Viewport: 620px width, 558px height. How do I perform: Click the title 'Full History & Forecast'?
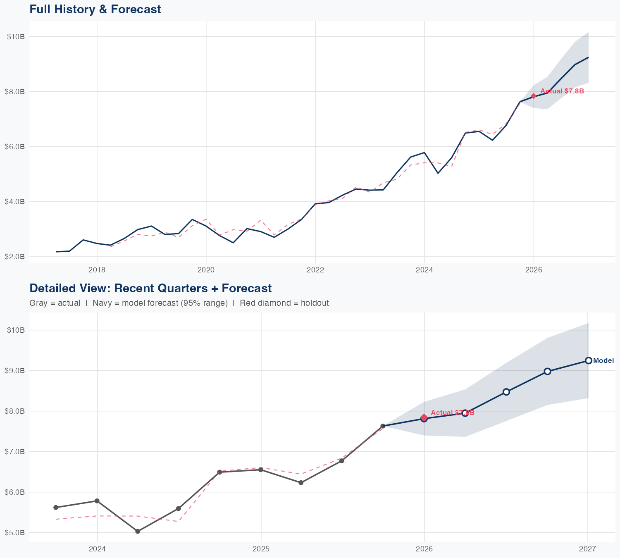coord(95,9)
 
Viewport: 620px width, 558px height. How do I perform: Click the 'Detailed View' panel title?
coord(150,288)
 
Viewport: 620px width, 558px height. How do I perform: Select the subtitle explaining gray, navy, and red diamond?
coord(179,303)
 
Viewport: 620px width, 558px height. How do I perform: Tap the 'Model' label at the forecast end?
coord(603,361)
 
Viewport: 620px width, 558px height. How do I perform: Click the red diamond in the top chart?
coord(534,96)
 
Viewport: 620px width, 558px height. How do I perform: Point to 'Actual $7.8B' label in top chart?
coord(562,91)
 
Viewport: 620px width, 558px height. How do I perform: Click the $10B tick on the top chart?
coord(16,37)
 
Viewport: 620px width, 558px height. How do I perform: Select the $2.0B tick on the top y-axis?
coord(15,257)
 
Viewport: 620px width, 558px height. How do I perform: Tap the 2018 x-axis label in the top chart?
coord(97,270)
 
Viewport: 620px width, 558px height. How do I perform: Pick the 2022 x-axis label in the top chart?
coord(315,270)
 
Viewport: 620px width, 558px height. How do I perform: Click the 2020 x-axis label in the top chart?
coord(206,270)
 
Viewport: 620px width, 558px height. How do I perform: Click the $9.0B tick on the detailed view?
coord(15,371)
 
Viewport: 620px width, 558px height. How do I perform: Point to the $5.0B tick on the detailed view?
coord(15,533)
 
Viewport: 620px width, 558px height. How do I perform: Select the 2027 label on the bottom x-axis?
coord(587,549)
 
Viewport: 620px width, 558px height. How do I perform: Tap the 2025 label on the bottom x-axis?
coord(261,549)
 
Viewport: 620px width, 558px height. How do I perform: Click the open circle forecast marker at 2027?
coord(588,360)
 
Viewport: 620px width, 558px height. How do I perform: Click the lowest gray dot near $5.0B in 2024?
coord(138,532)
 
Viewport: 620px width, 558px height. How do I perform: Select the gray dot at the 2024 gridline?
coord(97,501)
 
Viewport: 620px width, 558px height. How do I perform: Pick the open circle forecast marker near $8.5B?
coord(506,392)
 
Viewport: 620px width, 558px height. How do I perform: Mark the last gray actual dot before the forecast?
coord(383,426)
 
